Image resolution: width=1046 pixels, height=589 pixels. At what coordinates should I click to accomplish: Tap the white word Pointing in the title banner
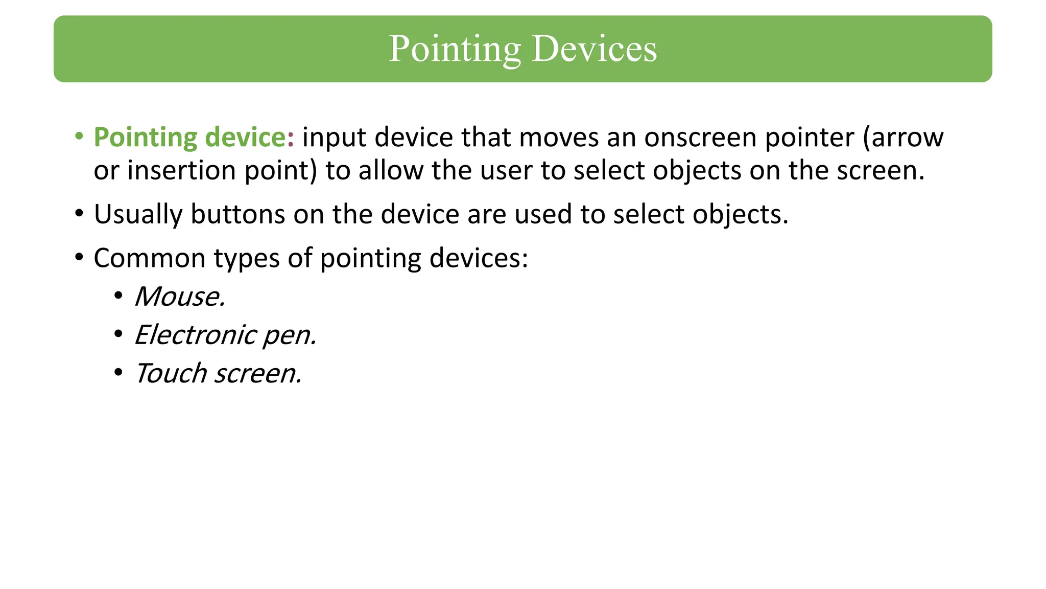[455, 50]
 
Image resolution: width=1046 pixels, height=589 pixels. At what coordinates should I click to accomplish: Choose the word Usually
[138, 215]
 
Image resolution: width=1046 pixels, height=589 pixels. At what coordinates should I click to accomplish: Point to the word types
[247, 259]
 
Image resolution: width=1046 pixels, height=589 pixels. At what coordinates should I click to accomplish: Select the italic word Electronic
[195, 335]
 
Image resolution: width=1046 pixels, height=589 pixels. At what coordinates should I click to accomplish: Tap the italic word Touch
[171, 373]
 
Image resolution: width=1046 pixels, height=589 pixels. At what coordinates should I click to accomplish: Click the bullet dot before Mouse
[118, 296]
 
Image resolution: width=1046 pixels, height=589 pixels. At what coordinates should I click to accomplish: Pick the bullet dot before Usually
[79, 213]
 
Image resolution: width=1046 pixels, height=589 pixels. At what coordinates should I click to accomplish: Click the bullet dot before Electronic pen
[118, 334]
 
